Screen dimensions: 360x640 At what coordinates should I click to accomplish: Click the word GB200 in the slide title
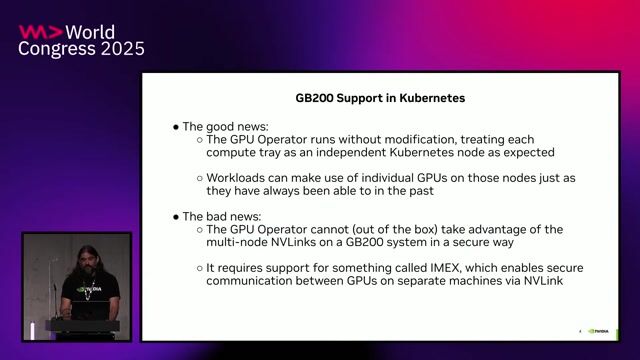[315, 100]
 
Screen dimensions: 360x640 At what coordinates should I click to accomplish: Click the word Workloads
[238, 177]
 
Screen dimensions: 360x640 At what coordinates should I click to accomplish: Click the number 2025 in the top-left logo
[118, 48]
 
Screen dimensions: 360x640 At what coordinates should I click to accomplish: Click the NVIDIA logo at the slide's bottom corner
[601, 330]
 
